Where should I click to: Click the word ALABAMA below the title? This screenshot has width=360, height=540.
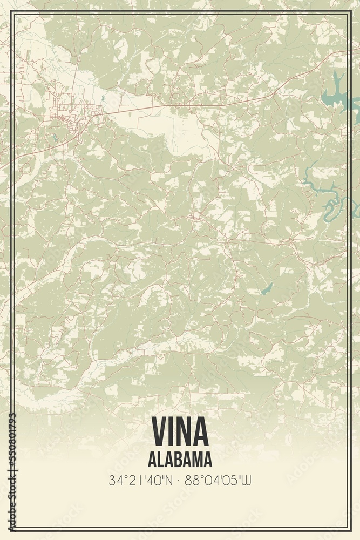[180, 460]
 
